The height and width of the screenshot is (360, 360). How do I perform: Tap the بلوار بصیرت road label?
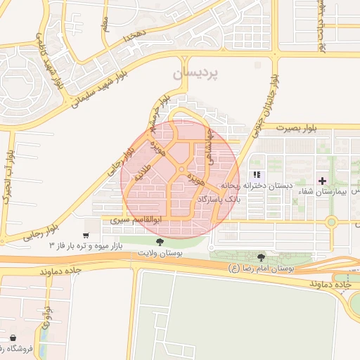click(297, 129)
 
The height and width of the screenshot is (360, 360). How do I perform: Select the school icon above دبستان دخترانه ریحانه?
click(257, 174)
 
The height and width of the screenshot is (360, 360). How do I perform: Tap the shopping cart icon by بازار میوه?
click(86, 236)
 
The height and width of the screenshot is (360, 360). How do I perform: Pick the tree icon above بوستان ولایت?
click(161, 242)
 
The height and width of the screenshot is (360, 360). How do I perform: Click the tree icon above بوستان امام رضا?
click(262, 258)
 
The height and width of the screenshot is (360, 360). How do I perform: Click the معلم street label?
click(105, 24)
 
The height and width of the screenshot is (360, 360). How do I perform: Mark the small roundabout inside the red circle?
click(181, 171)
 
